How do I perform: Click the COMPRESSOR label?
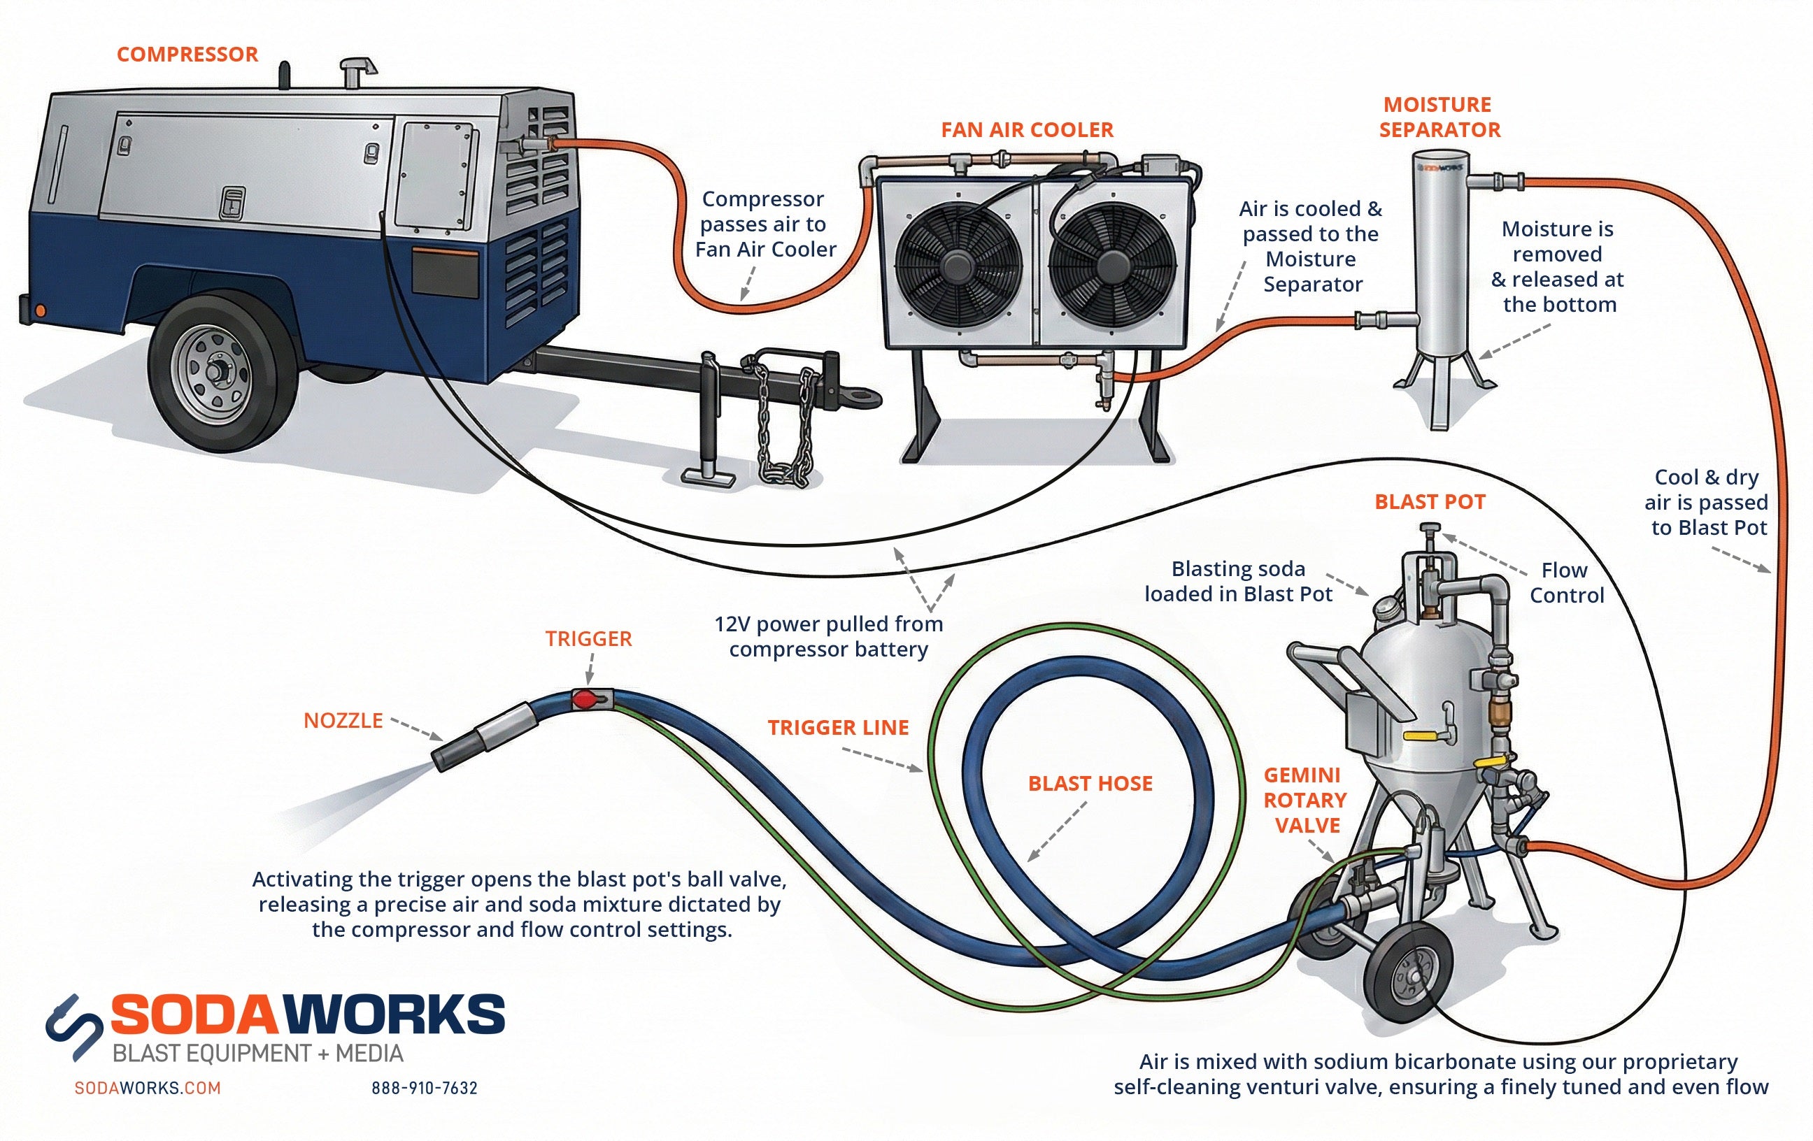tap(187, 55)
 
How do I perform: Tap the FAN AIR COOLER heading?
tap(1026, 129)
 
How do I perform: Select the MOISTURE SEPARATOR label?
tap(1439, 117)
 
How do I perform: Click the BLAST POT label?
tap(1430, 502)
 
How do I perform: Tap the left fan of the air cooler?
tap(958, 264)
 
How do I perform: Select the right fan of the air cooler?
tap(1113, 264)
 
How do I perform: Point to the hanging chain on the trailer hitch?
tap(785, 429)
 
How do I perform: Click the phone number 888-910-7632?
tap(425, 1089)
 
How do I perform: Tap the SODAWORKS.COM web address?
tap(148, 1089)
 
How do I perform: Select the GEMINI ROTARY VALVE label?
tap(1305, 800)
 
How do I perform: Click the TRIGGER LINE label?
tap(838, 728)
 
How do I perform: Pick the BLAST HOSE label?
tap(1090, 784)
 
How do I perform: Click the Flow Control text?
tap(1566, 582)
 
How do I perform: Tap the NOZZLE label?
tap(343, 721)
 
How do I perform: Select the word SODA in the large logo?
tap(199, 1014)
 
